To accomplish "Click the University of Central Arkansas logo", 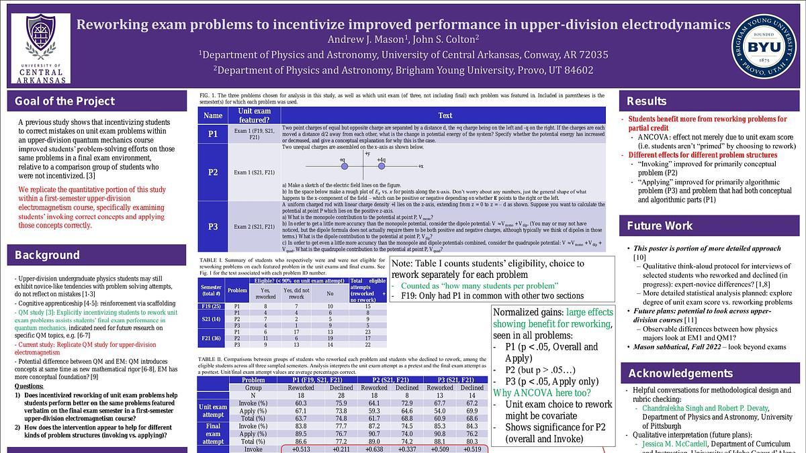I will tap(41, 48).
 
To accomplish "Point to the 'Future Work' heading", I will tap(660, 225).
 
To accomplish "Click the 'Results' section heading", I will tap(646, 101).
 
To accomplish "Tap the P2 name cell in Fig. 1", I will tap(212, 172).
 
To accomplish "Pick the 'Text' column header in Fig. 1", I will tap(445, 115).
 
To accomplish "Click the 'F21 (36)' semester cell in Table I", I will tap(212, 338).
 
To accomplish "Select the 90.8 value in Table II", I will tap(440, 434).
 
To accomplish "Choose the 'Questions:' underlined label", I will tap(29, 387).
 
